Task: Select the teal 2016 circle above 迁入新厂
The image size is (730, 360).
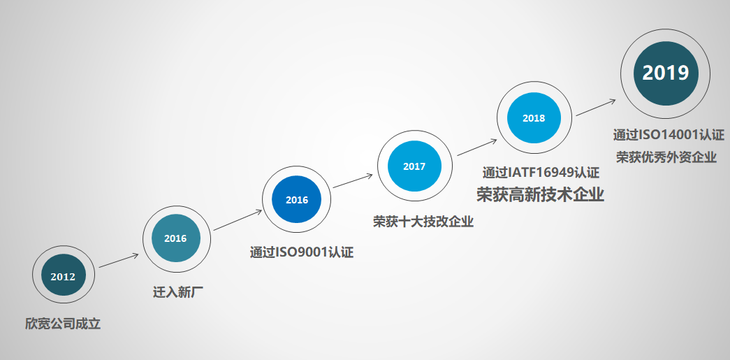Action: tap(176, 238)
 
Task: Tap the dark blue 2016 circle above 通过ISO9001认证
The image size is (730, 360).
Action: tap(297, 200)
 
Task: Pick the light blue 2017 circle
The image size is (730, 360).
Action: tap(414, 166)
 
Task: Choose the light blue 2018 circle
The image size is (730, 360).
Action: tap(534, 118)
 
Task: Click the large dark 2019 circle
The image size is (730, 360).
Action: tap(666, 73)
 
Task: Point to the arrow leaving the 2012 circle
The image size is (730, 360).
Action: tap(119, 261)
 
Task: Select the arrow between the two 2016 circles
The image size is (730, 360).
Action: tap(238, 220)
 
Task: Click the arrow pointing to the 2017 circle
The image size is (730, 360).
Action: tap(353, 180)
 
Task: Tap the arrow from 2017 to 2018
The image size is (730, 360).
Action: tap(476, 147)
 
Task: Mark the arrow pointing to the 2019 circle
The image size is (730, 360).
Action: tap(596, 107)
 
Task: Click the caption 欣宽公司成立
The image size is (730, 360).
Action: tap(63, 324)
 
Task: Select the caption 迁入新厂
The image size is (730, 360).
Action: tap(178, 292)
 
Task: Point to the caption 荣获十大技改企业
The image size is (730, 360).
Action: tap(423, 221)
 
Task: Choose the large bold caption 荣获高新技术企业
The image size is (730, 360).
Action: tap(540, 194)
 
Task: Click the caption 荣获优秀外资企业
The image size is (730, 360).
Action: tap(666, 157)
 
